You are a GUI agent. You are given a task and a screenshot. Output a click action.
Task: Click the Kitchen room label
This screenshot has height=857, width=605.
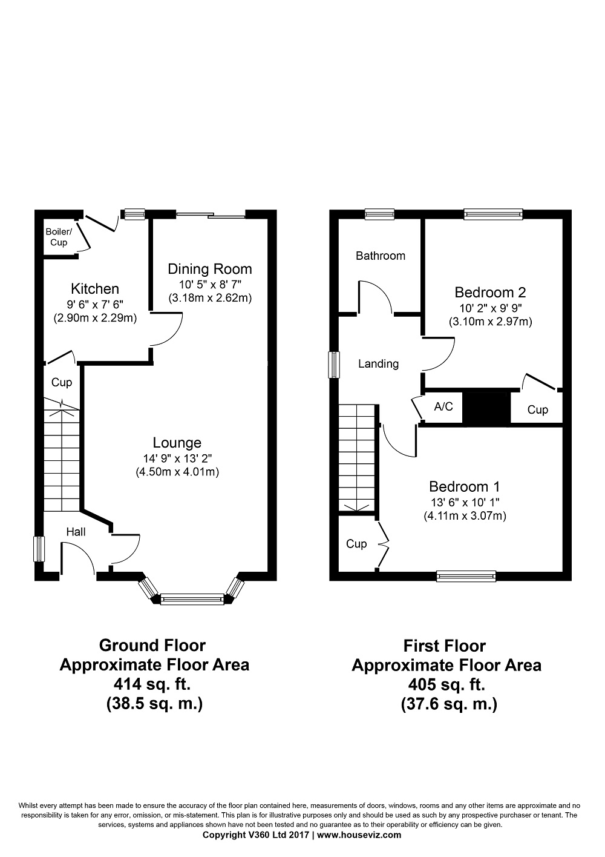coord(95,288)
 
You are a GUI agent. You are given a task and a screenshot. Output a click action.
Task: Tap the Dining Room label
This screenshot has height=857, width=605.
coord(210,270)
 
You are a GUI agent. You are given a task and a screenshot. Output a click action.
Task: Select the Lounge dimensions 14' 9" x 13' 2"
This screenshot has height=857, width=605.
coord(177,458)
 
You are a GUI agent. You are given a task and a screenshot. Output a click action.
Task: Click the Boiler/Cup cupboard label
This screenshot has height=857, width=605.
coord(59,237)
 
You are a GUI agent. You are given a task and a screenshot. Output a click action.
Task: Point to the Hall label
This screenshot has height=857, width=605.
coord(76,531)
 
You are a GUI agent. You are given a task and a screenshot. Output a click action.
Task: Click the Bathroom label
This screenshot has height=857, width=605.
coord(381,256)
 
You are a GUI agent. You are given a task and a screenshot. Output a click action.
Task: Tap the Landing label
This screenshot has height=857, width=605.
coord(378,364)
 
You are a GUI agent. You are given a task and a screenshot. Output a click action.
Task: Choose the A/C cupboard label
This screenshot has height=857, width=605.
coord(443,406)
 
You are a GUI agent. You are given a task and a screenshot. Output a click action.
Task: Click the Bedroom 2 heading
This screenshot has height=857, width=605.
coord(490,293)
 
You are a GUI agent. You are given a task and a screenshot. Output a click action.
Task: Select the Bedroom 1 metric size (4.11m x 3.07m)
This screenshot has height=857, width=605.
coord(465,516)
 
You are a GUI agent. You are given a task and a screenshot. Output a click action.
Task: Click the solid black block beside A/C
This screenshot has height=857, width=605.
coord(486,407)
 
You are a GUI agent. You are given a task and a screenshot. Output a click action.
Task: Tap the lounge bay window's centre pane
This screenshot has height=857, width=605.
coord(192,599)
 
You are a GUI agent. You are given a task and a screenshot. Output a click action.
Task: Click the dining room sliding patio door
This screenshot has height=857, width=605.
coord(211,215)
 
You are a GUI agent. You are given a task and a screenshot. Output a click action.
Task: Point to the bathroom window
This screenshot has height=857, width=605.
coord(379,214)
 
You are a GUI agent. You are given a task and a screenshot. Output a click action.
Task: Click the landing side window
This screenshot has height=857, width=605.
coord(334,365)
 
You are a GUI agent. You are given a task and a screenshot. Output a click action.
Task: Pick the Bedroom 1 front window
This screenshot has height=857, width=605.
coord(466,576)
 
